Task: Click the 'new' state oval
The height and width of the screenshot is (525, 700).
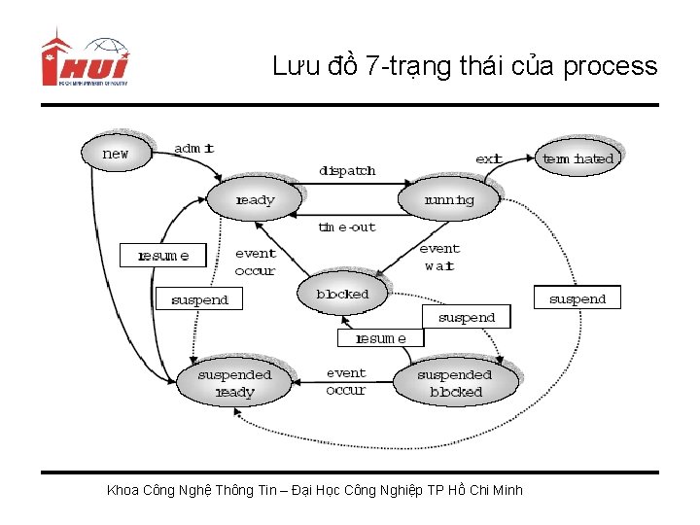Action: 116,153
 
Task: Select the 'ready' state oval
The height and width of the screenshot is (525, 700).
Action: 255,200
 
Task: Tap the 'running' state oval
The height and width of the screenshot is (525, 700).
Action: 448,200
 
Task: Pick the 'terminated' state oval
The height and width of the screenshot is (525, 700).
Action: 577,157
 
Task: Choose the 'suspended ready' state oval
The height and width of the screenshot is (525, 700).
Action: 234,383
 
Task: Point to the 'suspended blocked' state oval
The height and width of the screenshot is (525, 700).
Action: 455,383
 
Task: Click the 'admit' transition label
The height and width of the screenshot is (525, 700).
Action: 193,149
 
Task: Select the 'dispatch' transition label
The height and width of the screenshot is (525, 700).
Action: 347,171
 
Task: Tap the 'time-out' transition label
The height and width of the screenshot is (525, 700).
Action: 347,227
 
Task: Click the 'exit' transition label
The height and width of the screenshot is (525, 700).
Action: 488,158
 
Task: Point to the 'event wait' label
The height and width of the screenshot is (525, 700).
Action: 439,257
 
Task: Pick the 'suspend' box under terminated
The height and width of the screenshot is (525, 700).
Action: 577,298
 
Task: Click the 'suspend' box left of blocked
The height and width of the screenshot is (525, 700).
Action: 199,299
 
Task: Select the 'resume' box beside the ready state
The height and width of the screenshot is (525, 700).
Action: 162,256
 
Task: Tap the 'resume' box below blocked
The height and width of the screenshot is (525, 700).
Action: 381,338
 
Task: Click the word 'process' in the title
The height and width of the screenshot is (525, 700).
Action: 610,66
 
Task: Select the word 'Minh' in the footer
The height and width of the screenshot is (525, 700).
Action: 507,490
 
